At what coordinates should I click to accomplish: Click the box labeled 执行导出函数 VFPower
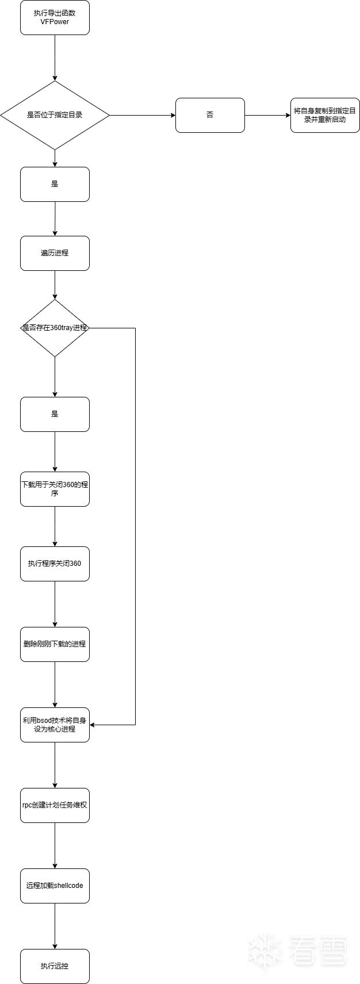pos(55,18)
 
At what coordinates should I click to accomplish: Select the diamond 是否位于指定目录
pos(55,115)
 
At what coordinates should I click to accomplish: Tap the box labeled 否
pos(210,115)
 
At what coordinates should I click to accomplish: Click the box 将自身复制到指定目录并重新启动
pos(325,115)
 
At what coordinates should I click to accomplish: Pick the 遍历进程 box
pos(55,253)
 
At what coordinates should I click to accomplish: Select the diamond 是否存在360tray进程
pos(55,328)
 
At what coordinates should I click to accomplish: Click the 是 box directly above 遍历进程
pos(55,184)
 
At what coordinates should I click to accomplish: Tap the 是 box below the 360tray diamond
pos(55,414)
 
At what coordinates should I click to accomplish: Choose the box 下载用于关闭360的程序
pos(55,489)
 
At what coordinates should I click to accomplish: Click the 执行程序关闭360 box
pos(55,564)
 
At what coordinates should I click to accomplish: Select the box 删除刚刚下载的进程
pos(55,644)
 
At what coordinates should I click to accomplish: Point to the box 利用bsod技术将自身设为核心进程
pos(55,725)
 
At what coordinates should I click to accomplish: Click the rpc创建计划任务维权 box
pos(55,805)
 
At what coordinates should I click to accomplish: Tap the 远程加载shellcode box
pos(55,886)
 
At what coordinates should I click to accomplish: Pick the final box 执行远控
pos(55,966)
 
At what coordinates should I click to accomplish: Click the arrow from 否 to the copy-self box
pos(267,115)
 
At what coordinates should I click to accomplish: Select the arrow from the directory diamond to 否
pos(142,115)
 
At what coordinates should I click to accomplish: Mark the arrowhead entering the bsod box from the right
pos(92,725)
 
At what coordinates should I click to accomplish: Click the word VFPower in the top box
pos(55,21)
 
